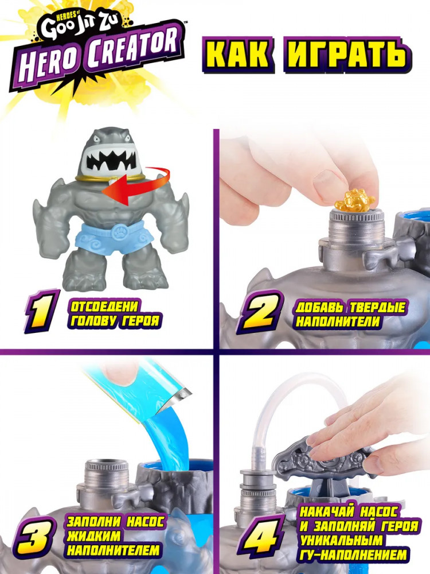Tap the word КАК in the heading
click(238, 55)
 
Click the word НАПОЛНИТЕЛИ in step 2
click(339, 322)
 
